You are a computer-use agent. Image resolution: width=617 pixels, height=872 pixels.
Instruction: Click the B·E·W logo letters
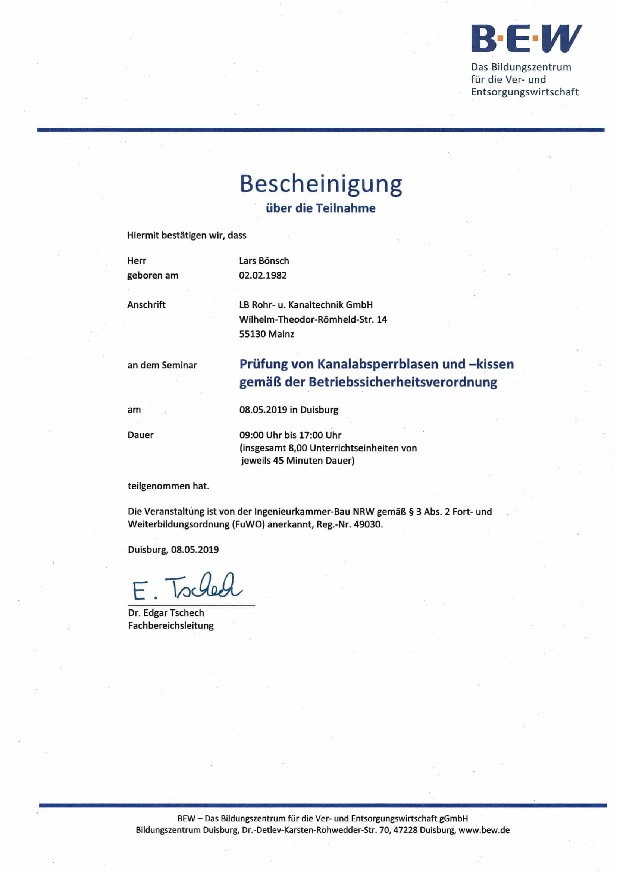click(526, 38)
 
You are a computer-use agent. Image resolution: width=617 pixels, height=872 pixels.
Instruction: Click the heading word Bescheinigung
click(321, 184)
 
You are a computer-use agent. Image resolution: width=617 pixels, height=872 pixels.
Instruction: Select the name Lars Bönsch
click(264, 261)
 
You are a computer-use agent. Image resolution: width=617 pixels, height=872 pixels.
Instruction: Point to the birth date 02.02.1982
click(263, 275)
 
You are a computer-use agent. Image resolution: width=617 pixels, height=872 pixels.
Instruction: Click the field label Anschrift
click(146, 305)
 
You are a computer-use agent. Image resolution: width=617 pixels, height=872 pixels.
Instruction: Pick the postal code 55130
click(252, 334)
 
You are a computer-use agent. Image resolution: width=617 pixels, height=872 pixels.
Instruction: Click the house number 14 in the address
click(382, 320)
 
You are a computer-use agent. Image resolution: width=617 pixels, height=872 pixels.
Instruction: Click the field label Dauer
click(141, 435)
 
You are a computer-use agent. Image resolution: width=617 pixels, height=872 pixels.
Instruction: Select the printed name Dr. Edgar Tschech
click(166, 613)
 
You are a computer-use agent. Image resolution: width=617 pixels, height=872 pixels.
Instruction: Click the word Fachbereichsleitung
click(170, 626)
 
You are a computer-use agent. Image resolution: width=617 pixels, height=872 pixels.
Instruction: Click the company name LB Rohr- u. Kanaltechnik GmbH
click(306, 305)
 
